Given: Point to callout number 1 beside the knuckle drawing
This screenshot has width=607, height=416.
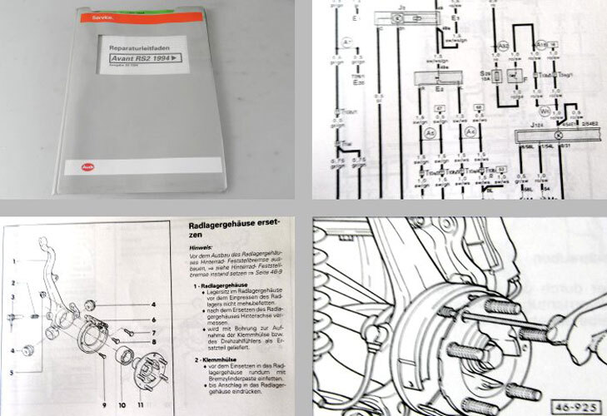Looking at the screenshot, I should coord(15,260).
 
